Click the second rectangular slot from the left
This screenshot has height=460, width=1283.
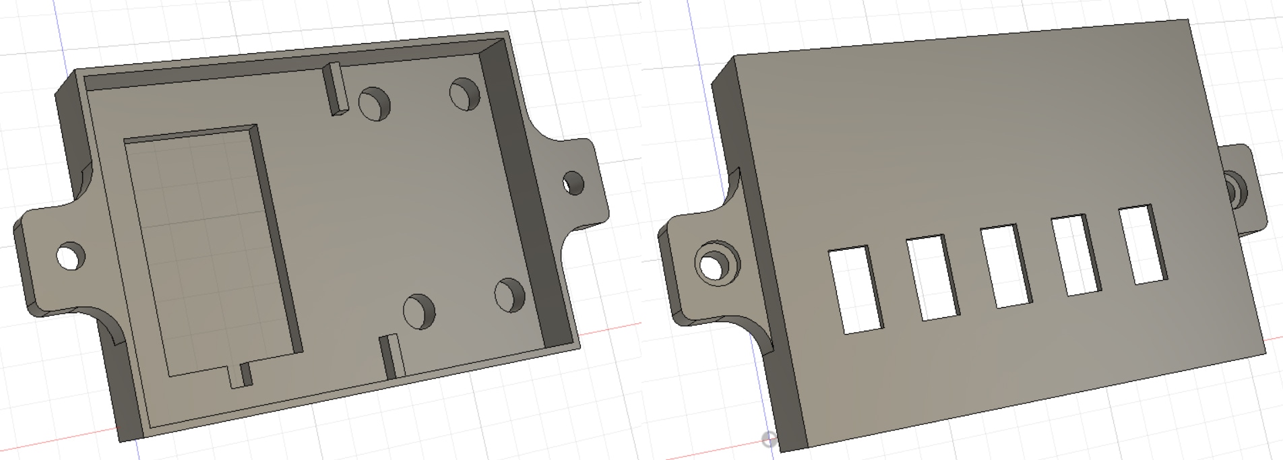coord(931,277)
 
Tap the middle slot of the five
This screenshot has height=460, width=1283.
coord(1004,267)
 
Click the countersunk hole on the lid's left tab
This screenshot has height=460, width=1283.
coord(716,264)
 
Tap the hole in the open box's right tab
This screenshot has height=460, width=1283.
coord(573,183)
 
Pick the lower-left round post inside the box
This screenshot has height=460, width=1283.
coord(419,310)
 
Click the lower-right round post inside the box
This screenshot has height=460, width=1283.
coord(509,294)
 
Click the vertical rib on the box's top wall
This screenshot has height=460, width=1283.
coord(335,88)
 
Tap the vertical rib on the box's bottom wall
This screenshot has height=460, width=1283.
coord(389,356)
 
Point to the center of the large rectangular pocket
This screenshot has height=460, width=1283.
coord(212,249)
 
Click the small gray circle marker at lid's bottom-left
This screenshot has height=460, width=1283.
coord(768,440)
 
